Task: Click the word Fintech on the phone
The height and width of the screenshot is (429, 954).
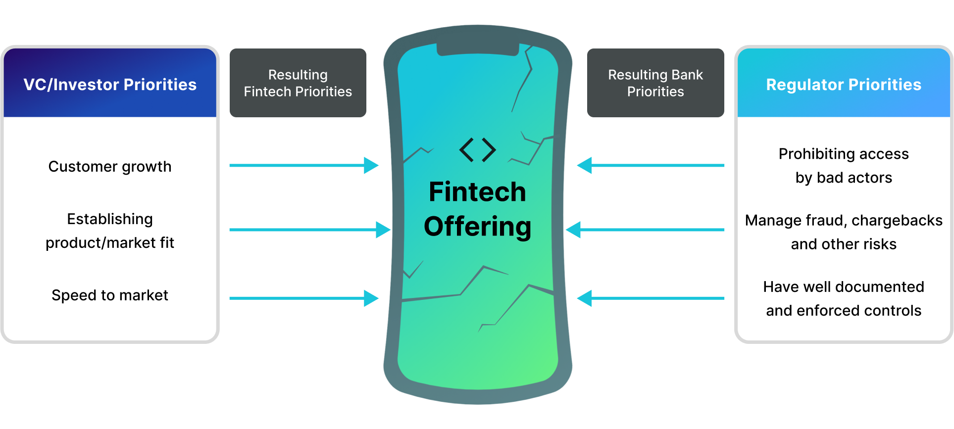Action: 477,192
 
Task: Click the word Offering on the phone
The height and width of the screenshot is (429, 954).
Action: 477,227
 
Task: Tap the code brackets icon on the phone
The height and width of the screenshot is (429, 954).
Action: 478,150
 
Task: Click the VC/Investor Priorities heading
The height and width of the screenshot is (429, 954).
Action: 110,85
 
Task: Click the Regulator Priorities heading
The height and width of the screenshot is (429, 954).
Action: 844,85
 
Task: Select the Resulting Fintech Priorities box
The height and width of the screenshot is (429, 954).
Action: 298,83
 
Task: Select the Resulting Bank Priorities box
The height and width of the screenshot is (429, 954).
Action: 655,83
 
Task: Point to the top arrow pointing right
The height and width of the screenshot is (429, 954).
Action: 303,165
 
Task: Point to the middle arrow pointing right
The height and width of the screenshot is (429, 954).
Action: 309,230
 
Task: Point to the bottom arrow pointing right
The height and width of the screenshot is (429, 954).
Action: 303,298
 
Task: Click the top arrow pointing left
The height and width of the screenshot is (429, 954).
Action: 651,165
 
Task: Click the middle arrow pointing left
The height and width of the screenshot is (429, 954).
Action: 645,230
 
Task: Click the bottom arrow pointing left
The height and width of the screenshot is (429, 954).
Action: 651,298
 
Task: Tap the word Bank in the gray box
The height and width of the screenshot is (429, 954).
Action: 687,75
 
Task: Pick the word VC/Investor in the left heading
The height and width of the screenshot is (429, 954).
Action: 71,85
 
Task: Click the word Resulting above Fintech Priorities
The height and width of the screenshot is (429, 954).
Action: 298,75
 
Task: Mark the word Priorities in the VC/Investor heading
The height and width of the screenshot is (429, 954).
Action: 160,85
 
